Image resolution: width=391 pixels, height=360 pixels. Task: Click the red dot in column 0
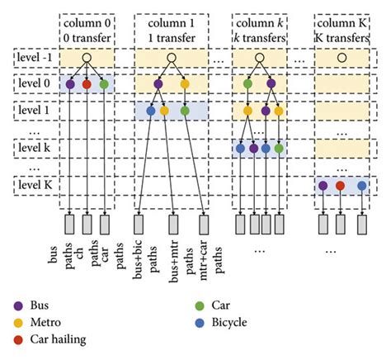point(86,83)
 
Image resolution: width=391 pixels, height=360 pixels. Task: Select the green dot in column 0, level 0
point(103,83)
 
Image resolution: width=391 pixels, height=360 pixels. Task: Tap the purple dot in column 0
point(69,83)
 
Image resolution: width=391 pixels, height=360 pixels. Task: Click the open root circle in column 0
point(86,59)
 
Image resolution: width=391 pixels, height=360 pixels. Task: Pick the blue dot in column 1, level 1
point(150,110)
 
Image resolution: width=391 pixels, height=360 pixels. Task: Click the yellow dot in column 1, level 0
point(185,83)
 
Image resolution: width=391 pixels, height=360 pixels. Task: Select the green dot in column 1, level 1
point(185,110)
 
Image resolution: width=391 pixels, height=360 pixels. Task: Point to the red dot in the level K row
point(340,186)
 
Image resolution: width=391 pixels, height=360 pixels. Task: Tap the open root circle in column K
point(340,59)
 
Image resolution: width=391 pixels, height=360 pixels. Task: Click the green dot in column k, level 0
point(247,83)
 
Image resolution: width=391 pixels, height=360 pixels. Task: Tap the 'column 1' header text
point(172,22)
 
